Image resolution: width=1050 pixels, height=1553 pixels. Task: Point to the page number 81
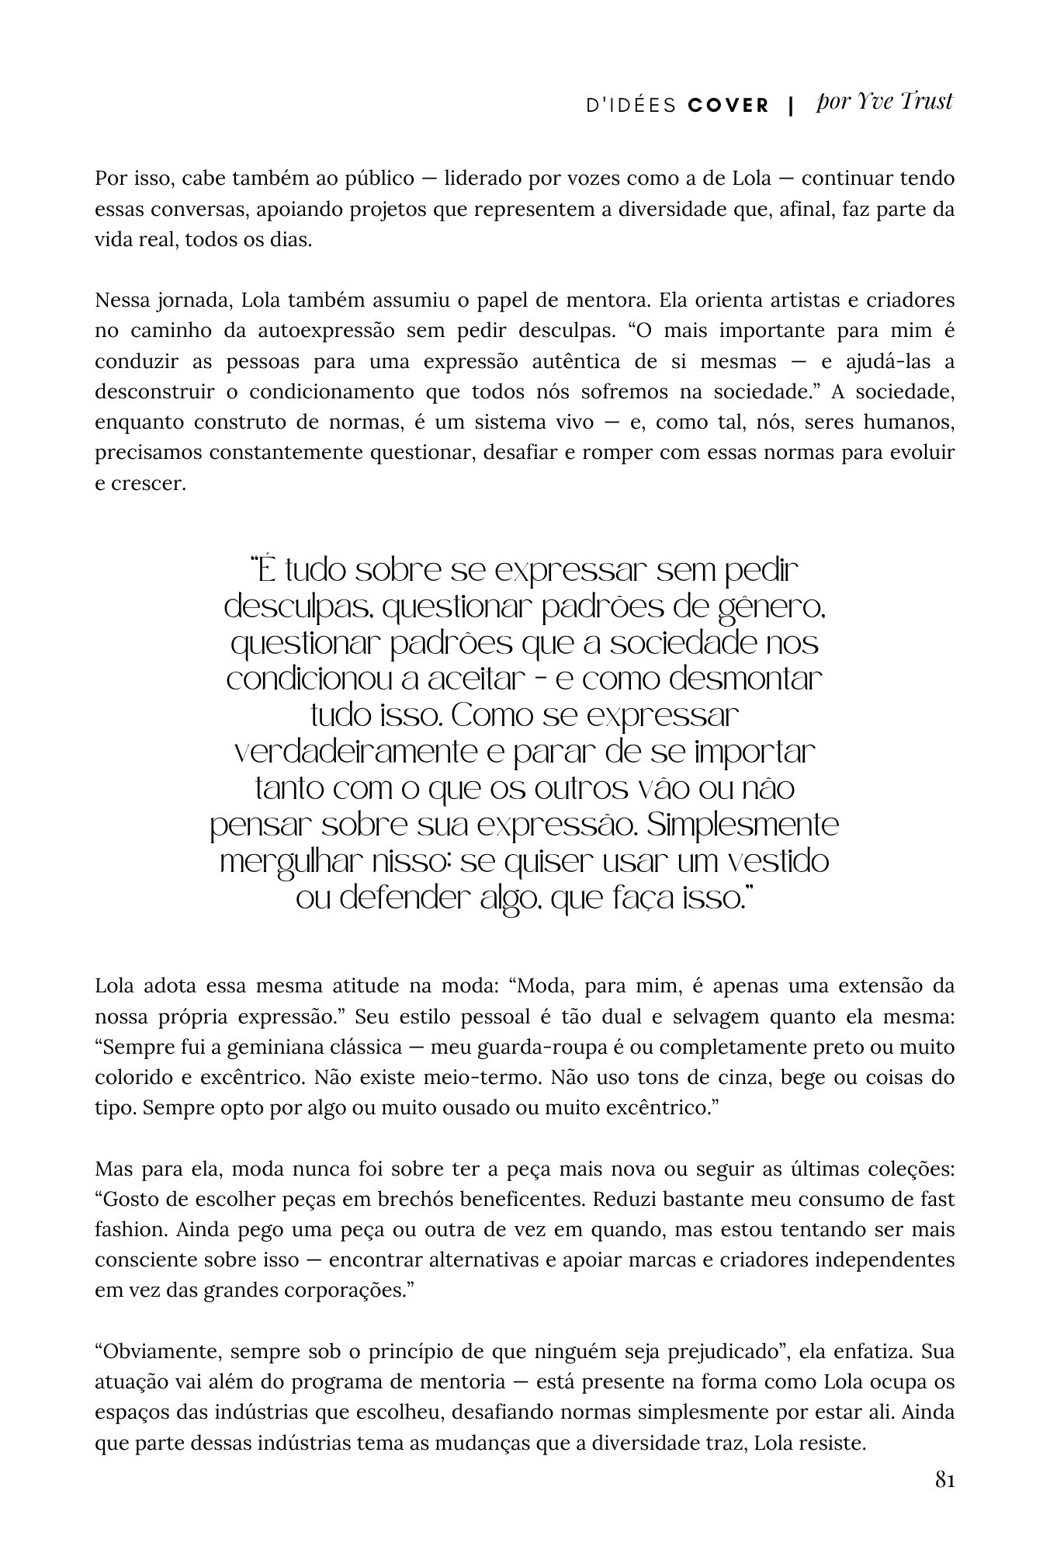[x=944, y=1480]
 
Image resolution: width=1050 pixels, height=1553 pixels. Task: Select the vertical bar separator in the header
[x=791, y=106]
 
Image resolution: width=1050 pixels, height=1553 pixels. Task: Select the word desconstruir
[x=154, y=392]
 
